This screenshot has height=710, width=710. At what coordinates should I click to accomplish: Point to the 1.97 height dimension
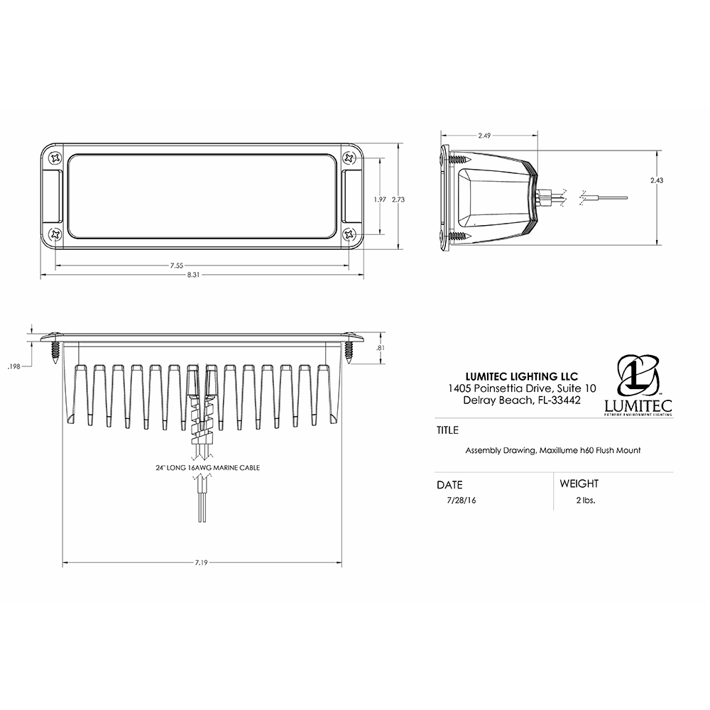pyautogui.click(x=380, y=200)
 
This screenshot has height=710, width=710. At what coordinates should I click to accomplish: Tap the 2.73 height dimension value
pyautogui.click(x=399, y=200)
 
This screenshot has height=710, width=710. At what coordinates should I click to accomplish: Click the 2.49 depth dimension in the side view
pyautogui.click(x=484, y=135)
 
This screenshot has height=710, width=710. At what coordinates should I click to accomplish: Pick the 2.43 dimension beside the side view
pyautogui.click(x=657, y=181)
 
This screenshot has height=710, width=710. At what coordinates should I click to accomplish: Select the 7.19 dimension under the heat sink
pyautogui.click(x=202, y=562)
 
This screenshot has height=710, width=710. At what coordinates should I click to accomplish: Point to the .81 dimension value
pyautogui.click(x=381, y=347)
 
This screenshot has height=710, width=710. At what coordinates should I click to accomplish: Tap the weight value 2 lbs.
pyautogui.click(x=586, y=500)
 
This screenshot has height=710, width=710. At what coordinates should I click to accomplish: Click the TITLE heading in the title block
pyautogui.click(x=448, y=430)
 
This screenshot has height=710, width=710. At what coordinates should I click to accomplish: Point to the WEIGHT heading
pyautogui.click(x=579, y=484)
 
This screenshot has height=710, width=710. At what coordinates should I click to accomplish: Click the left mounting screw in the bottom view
pyautogui.click(x=55, y=351)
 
